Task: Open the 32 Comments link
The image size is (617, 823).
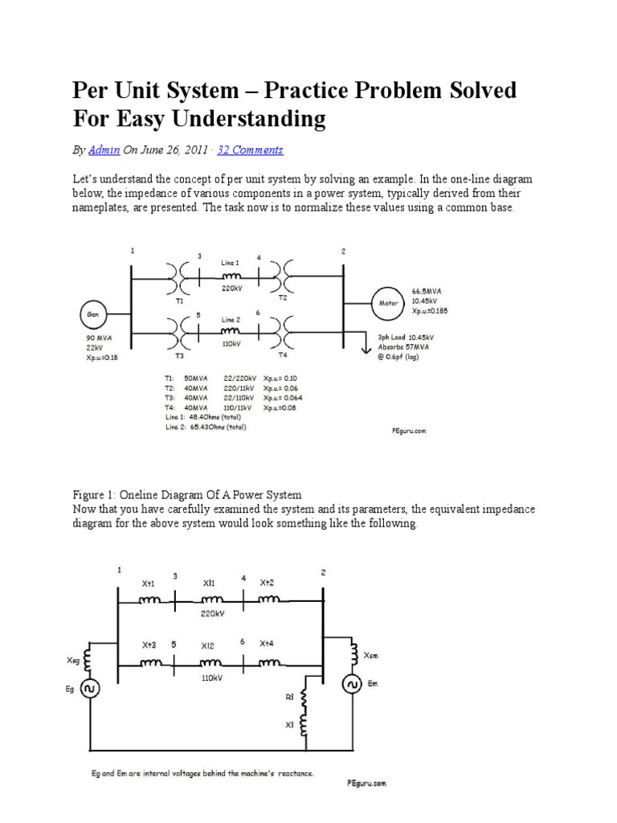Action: [250, 150]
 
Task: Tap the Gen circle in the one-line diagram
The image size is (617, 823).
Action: [94, 313]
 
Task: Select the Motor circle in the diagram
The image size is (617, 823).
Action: [389, 303]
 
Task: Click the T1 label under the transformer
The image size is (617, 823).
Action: [180, 300]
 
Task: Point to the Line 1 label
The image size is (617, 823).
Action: [231, 263]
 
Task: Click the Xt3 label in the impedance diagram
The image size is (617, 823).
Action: [149, 645]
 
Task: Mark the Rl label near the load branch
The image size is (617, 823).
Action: [289, 698]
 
